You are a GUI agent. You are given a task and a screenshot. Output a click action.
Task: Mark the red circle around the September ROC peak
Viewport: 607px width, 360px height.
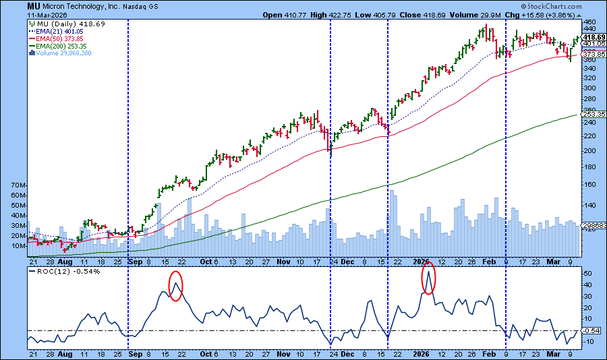coord(175,286)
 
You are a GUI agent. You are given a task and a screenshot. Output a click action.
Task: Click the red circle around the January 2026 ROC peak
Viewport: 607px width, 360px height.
coord(428,277)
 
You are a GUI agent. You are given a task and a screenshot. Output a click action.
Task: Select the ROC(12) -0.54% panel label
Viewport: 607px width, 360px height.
coord(56,271)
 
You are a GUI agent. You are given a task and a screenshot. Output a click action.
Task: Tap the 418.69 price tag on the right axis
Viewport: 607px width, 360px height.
coord(591,37)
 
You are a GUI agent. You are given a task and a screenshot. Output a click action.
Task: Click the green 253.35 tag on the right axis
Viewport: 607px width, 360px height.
coord(591,115)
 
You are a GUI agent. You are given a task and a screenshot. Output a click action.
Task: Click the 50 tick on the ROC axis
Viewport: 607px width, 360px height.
coord(587,273)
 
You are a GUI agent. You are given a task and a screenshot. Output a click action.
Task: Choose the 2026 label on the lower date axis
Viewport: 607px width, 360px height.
coord(422,353)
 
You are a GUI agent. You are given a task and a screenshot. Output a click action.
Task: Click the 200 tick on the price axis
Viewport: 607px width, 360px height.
coord(587,150)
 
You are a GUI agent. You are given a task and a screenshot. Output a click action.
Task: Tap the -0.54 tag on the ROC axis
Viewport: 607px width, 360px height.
coord(591,330)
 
